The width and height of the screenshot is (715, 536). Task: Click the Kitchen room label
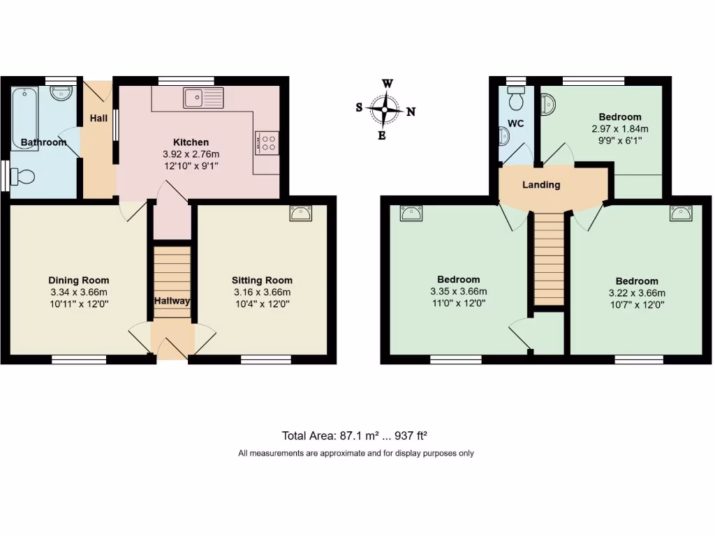tap(191, 142)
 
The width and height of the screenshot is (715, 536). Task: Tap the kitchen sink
tap(203, 98)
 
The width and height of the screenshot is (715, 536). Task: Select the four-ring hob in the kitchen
tap(267, 142)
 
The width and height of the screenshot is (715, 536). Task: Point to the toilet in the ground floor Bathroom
tap(22, 176)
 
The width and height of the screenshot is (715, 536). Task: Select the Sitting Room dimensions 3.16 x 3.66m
tap(262, 292)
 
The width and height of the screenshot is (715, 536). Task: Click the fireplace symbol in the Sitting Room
tap(301, 214)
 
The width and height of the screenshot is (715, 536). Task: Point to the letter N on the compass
tap(411, 112)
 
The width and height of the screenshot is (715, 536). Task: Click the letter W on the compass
tap(387, 84)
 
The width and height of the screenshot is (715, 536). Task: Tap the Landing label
tap(541, 185)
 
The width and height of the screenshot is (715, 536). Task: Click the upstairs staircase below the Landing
tap(548, 258)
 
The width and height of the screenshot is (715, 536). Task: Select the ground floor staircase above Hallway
tap(171, 272)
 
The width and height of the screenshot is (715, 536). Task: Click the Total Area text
tap(354, 435)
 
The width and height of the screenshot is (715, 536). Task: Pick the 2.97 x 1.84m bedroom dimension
tap(619, 128)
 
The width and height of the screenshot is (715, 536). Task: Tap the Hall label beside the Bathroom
tap(98, 119)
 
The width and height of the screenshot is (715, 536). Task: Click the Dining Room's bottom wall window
tap(79, 359)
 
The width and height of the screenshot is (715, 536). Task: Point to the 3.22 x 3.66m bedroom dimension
tap(637, 293)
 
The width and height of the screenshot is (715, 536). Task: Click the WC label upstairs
tap(515, 124)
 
